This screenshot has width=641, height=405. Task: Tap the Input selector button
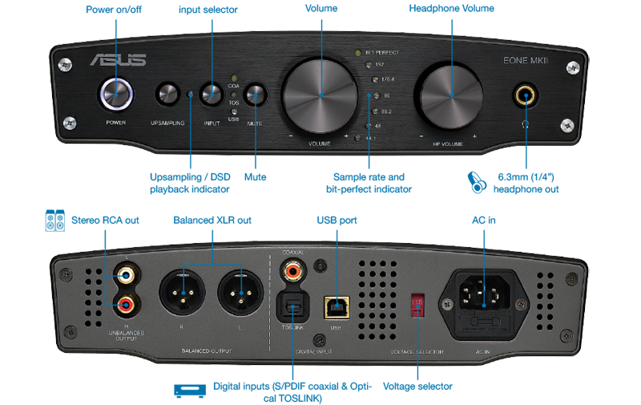click(212, 95)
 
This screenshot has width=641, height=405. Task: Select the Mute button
click(255, 95)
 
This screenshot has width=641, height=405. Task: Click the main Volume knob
click(320, 95)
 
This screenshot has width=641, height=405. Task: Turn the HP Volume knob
click(450, 95)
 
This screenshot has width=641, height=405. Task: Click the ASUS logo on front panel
click(118, 59)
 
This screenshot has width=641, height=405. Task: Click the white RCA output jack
click(125, 274)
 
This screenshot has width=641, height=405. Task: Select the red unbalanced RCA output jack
click(125, 303)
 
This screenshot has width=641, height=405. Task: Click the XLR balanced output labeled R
click(183, 290)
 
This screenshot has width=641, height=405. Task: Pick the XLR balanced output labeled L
click(240, 290)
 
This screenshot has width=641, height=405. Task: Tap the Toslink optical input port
click(292, 306)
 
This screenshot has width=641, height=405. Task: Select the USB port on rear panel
click(337, 305)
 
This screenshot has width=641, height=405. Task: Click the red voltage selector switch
click(417, 302)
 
